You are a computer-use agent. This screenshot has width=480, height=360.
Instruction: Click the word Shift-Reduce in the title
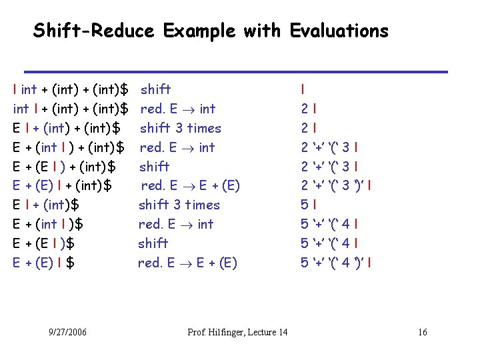pos(94,31)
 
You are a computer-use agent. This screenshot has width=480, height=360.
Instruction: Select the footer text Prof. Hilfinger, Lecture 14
pos(237,332)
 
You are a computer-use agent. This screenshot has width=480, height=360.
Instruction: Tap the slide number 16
pos(423,332)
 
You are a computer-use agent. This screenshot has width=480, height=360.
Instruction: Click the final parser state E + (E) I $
pos(44,263)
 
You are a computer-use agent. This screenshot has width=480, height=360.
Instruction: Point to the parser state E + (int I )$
pos(48,224)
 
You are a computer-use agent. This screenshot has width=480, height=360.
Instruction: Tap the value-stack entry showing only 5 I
pos(309,205)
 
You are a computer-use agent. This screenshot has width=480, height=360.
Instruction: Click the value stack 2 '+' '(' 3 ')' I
pos(336,185)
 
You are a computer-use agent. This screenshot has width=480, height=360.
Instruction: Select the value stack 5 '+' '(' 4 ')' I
pos(336,263)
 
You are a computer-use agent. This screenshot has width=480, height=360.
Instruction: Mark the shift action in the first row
pos(155,89)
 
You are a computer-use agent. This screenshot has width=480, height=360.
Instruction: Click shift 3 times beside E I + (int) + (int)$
pos(180,127)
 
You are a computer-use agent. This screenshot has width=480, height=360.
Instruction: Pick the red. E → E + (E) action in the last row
pos(187,263)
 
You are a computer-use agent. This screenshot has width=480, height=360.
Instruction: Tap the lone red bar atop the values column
pos(303,89)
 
